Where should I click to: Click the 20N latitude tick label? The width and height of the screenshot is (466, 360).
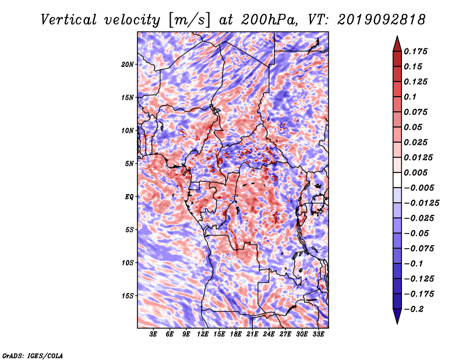(128, 65)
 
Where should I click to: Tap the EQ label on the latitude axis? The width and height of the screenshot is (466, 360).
(129, 197)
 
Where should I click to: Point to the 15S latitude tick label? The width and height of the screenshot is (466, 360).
(128, 296)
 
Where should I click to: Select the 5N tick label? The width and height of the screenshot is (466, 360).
(129, 164)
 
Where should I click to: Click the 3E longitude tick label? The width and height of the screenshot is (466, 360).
(153, 334)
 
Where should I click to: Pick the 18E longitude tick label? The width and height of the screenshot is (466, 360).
(236, 334)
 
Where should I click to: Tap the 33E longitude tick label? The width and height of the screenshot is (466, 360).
(318, 334)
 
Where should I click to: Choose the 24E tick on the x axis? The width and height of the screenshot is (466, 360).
(269, 334)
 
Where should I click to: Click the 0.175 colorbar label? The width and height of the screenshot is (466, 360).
(415, 51)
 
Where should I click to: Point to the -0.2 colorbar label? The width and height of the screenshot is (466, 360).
(413, 309)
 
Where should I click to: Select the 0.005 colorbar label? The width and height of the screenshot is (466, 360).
(415, 172)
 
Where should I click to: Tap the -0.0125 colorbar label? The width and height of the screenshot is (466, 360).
(421, 203)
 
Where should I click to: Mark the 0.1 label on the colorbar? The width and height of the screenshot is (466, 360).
(410, 97)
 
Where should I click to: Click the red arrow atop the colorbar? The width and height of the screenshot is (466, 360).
(397, 44)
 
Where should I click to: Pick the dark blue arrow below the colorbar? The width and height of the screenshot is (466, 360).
(397, 316)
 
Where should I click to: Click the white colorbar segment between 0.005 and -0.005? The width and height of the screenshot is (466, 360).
(397, 180)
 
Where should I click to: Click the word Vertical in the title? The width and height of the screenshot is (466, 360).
(69, 20)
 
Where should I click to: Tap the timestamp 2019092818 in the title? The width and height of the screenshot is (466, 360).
(382, 20)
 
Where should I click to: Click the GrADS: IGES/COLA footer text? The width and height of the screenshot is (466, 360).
(33, 355)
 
